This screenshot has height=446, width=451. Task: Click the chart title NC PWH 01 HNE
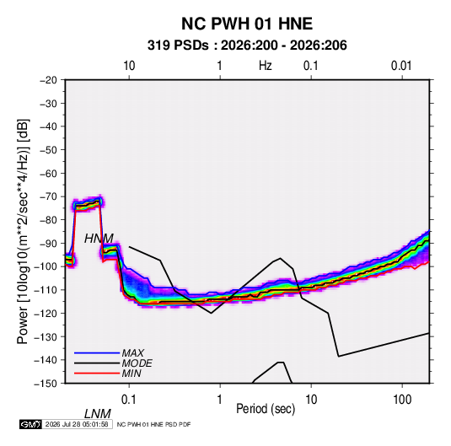click(247, 24)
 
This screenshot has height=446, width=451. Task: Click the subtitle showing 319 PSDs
click(247, 46)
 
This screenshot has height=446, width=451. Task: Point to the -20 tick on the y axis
click(48, 80)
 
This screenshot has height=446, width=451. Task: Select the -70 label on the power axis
click(48, 196)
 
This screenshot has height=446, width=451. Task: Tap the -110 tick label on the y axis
click(46, 290)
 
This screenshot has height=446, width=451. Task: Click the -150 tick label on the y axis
click(46, 384)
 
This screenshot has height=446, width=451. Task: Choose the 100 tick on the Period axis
click(402, 400)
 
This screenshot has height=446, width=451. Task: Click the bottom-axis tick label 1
click(220, 400)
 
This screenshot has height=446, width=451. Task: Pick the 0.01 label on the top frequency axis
click(401, 66)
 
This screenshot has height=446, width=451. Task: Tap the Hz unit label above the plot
click(266, 66)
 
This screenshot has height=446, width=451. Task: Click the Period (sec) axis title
click(266, 409)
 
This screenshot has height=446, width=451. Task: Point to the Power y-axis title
click(23, 231)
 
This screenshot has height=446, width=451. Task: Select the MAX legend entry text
click(132, 352)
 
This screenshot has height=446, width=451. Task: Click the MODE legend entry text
click(137, 363)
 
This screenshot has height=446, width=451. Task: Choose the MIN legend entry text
click(132, 373)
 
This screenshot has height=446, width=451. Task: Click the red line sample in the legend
click(97, 373)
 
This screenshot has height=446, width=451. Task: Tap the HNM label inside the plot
click(99, 239)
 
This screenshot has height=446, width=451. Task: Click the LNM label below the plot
click(97, 414)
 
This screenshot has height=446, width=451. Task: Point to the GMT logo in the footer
click(31, 424)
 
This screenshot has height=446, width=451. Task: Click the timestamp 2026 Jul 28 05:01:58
click(77, 424)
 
